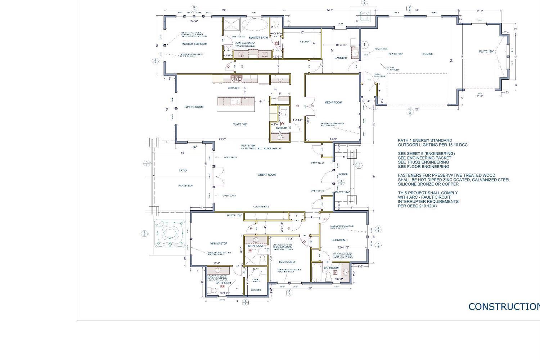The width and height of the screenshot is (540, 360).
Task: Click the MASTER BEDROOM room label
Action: tap(194, 44)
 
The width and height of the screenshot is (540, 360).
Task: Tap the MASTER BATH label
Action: tap(257, 38)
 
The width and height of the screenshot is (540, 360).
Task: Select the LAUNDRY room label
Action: tap(341, 58)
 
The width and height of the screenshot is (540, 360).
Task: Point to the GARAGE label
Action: tap(427, 54)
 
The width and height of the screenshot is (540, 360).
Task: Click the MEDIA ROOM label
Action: tap(333, 103)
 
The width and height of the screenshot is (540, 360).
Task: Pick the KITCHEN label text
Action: tap(233, 88)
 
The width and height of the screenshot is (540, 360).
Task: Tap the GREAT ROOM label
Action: tap(267, 175)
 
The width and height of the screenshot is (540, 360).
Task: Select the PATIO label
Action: tap(183, 171)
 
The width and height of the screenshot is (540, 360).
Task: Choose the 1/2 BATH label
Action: tap(282, 128)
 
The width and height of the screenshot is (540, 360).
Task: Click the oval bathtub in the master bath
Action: tap(253, 24)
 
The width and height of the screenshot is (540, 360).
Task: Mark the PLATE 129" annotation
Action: tap(486, 52)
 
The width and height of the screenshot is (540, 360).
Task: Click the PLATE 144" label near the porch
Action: tap(342, 193)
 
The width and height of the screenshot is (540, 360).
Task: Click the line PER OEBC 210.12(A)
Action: tap(417, 206)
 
